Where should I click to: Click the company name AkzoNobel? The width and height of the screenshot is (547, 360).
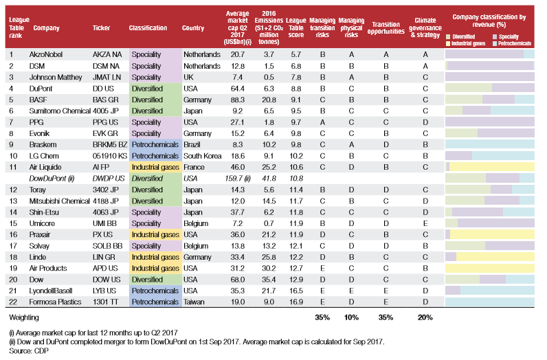(x=46, y=54)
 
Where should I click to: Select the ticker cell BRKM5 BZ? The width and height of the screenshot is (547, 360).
(x=110, y=144)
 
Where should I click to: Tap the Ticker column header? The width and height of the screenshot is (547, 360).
(x=101, y=28)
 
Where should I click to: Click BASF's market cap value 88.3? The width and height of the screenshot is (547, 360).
(x=238, y=100)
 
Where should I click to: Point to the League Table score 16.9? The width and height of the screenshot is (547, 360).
(x=295, y=302)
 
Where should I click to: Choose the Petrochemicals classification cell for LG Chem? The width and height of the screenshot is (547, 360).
(x=155, y=156)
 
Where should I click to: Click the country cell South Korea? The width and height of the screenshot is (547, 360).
(x=202, y=156)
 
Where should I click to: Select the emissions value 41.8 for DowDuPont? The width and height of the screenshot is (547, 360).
(x=269, y=178)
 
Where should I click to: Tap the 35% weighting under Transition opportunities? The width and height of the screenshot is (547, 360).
(x=386, y=317)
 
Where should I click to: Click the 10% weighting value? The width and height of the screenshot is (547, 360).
(x=351, y=317)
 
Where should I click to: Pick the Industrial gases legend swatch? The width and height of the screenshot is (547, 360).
(x=448, y=43)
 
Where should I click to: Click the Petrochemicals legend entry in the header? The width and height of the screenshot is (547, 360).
(x=512, y=43)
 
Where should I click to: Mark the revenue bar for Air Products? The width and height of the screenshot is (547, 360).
(x=490, y=268)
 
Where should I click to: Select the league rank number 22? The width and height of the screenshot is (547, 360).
(x=13, y=302)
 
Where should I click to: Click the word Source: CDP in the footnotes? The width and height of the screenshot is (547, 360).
(x=29, y=350)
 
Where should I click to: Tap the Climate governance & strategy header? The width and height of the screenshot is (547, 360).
(x=425, y=27)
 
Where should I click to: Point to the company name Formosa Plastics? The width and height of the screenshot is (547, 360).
(x=55, y=302)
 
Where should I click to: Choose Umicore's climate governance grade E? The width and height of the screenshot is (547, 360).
(x=425, y=223)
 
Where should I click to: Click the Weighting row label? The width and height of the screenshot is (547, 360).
(x=24, y=317)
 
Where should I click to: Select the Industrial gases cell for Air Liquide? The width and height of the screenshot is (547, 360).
(x=155, y=167)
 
